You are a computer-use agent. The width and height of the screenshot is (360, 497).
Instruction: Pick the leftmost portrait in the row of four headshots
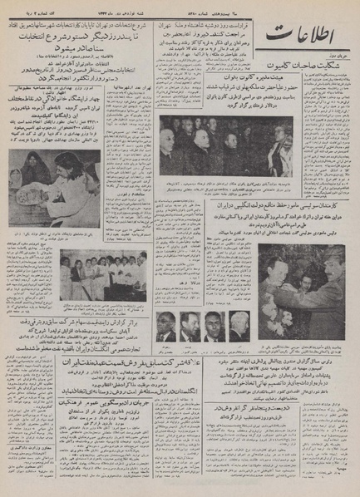[167, 326]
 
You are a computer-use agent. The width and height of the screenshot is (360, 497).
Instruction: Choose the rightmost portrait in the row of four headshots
[239, 326]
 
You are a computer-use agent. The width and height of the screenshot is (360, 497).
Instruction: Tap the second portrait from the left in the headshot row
[191, 326]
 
